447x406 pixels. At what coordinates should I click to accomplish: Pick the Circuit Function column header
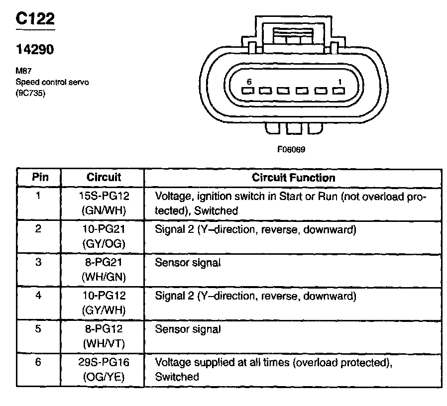pyautogui.click(x=293, y=178)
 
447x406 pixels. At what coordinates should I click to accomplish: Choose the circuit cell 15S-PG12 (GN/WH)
pyautogui.click(x=104, y=203)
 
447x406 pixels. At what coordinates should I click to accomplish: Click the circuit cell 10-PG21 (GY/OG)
pyautogui.click(x=104, y=237)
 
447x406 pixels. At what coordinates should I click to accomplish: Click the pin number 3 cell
pyautogui.click(x=39, y=263)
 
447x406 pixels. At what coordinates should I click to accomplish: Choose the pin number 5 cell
pyautogui.click(x=39, y=329)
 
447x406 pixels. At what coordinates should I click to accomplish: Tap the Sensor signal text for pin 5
pyautogui.click(x=188, y=329)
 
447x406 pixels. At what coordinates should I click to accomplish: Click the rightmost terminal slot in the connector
pyautogui.click(x=338, y=92)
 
